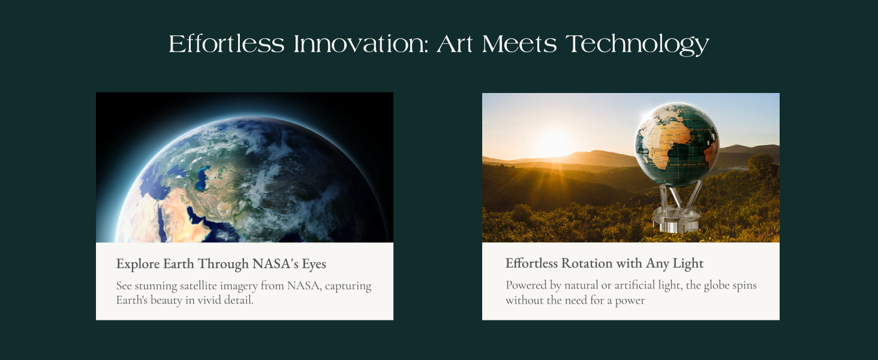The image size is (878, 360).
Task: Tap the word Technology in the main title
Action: (638, 44)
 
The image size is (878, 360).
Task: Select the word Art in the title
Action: (455, 44)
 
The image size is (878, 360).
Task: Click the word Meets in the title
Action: (519, 44)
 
